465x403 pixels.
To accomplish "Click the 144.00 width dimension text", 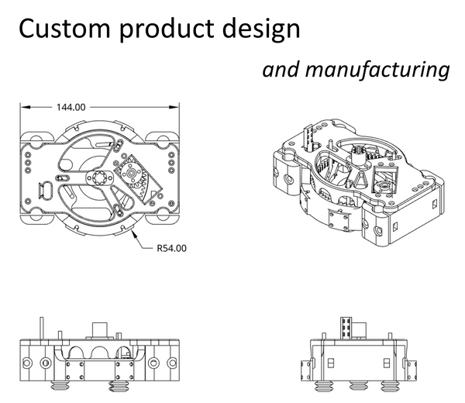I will (x=70, y=108).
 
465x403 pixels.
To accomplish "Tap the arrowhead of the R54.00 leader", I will (x=134, y=231).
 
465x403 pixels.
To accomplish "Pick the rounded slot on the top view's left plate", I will (x=46, y=188).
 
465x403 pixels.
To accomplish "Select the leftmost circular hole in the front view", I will (x=29, y=362).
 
